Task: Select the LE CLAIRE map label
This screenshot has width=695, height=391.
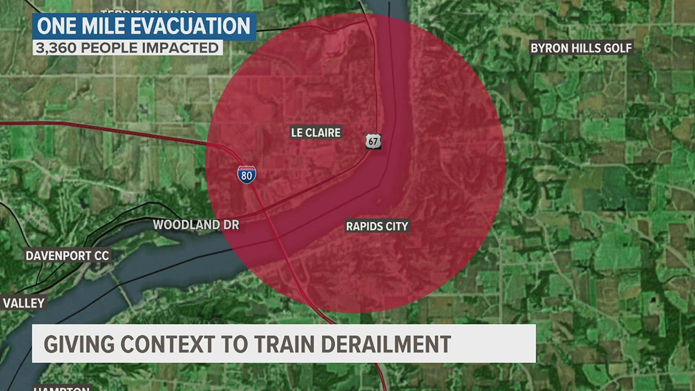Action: coord(315,132)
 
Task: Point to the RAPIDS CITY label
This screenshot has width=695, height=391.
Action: coord(377,226)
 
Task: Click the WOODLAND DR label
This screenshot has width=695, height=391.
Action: coord(196,224)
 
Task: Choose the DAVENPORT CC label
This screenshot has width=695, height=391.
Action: coord(67,256)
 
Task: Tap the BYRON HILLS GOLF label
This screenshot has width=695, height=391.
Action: coord(582,48)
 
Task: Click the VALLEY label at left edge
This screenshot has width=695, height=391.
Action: coord(24,303)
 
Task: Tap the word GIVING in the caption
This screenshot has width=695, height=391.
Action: coord(78,343)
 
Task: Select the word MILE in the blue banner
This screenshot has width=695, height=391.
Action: coord(98,26)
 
